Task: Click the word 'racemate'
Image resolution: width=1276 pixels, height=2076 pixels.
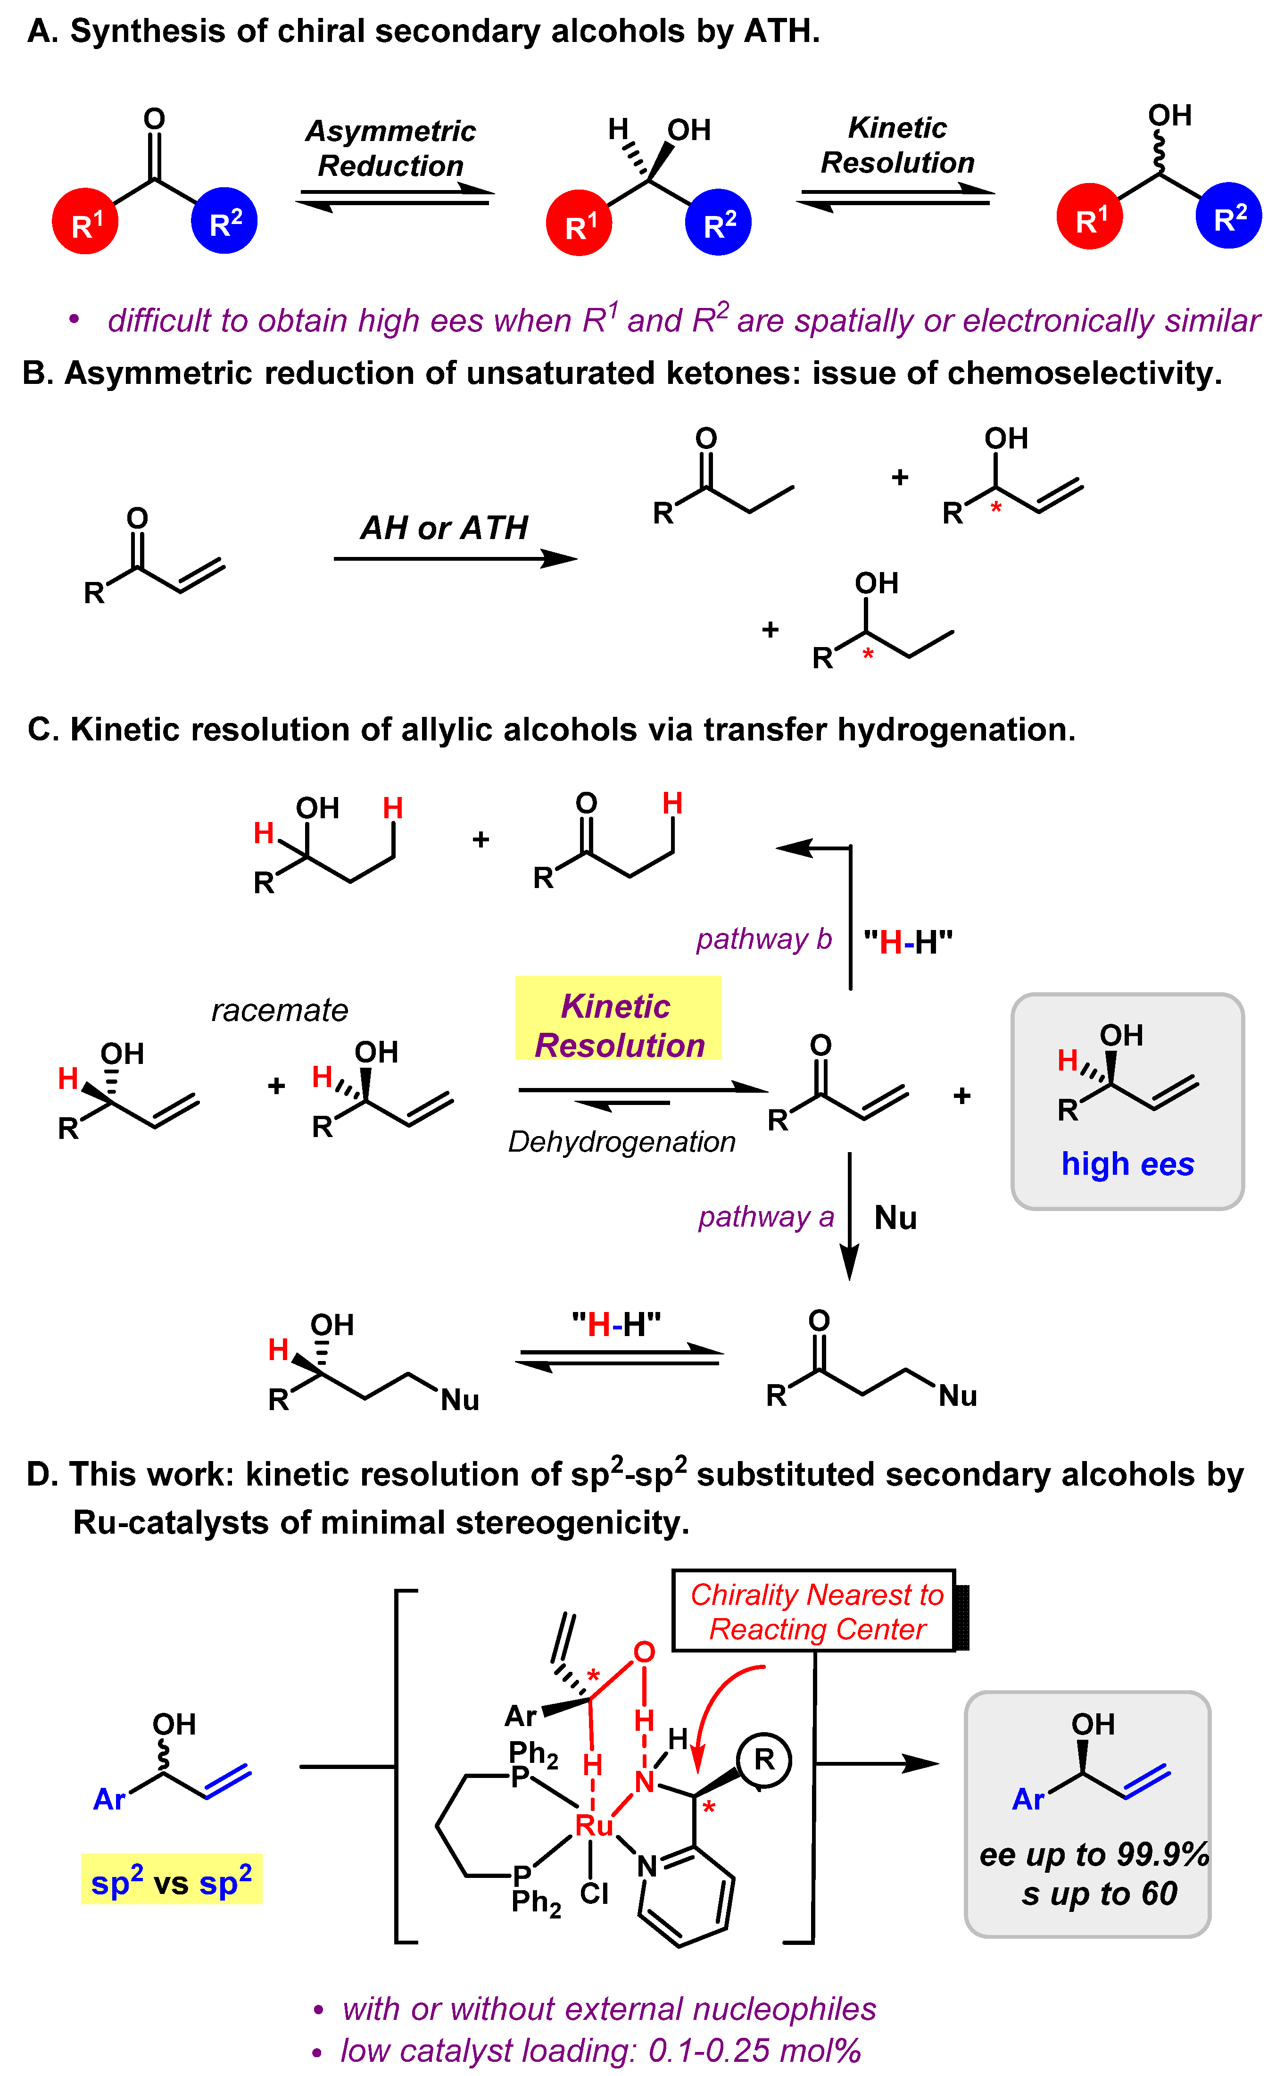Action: tap(279, 1010)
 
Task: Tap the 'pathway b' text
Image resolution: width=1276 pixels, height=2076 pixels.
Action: tap(764, 938)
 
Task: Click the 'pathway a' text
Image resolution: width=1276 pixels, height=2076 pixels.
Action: tap(765, 1216)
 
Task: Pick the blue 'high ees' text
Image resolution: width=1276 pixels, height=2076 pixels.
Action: tap(1127, 1164)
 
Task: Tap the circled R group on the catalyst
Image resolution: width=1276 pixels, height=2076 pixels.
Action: tap(764, 1760)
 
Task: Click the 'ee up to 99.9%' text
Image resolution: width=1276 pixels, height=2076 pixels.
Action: tap(1094, 1855)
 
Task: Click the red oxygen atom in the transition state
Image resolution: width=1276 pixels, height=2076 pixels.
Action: tap(644, 1652)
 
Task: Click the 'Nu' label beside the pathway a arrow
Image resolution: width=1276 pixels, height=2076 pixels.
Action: tap(895, 1218)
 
